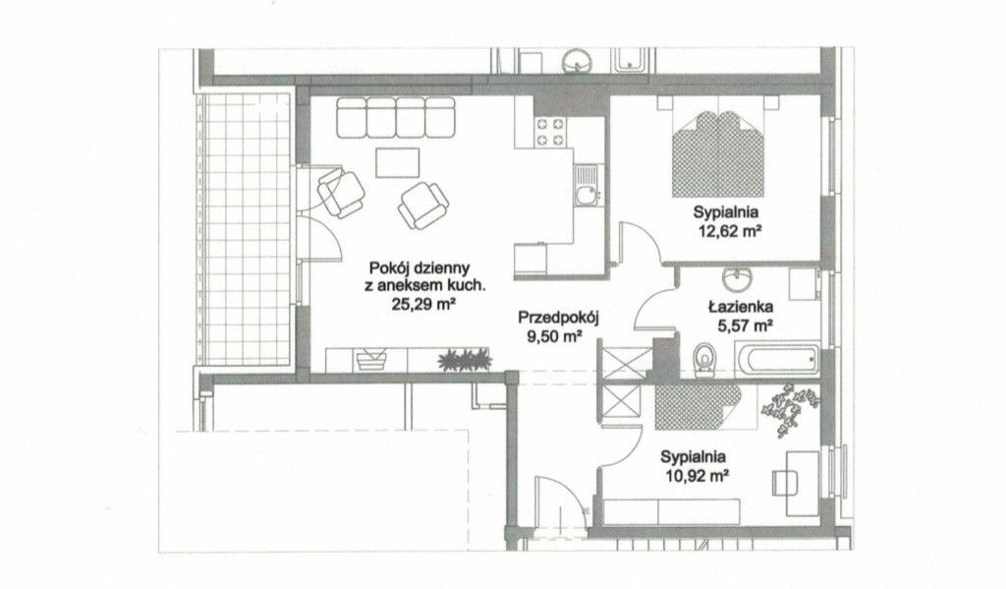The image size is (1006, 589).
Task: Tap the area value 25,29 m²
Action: pyautogui.click(x=423, y=303)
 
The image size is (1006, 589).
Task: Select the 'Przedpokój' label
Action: pyautogui.click(x=559, y=318)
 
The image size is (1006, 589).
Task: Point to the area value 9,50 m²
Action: pyautogui.click(x=554, y=336)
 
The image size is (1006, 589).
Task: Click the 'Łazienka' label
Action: pyautogui.click(x=741, y=307)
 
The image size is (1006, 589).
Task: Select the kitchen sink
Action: pyautogui.click(x=586, y=186)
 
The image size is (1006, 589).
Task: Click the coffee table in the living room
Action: pyautogui.click(x=398, y=162)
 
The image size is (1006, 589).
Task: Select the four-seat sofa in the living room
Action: pyautogui.click(x=395, y=117)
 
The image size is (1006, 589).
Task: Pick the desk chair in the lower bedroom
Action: pyautogui.click(x=785, y=482)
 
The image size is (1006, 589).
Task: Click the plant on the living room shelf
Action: pyautogui.click(x=464, y=359)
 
